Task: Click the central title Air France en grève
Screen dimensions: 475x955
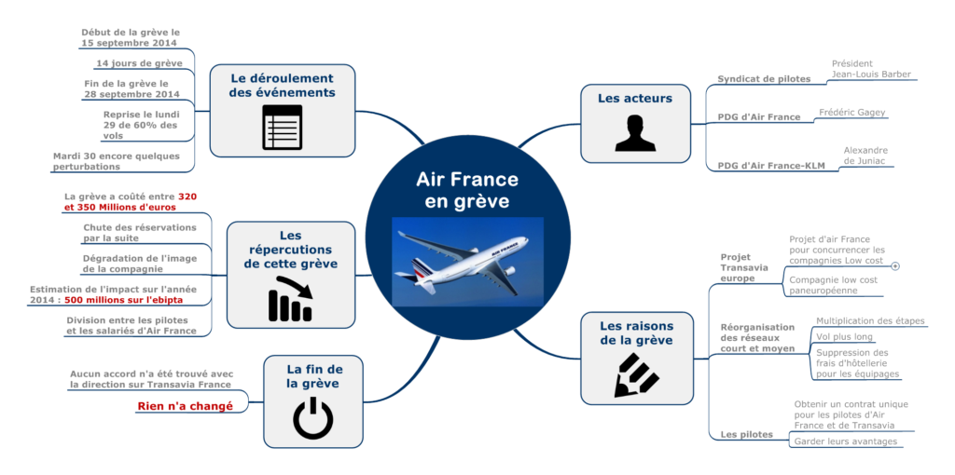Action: pyautogui.click(x=466, y=190)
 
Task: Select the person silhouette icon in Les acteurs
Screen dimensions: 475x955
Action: pyautogui.click(x=634, y=133)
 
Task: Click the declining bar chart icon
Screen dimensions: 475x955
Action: pyautogui.click(x=290, y=299)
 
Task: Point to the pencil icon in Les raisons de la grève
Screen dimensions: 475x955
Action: pyautogui.click(x=637, y=374)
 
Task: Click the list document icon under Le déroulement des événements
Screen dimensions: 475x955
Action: pyautogui.click(x=282, y=128)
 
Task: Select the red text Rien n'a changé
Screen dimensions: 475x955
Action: pyautogui.click(x=185, y=406)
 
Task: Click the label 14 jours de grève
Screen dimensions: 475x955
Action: pyautogui.click(x=139, y=63)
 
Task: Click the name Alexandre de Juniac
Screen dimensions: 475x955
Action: pyautogui.click(x=865, y=155)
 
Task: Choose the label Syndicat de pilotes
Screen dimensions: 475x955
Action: pyautogui.click(x=764, y=79)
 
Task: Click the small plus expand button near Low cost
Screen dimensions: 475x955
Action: pyautogui.click(x=895, y=265)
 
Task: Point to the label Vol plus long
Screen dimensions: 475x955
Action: pyautogui.click(x=844, y=336)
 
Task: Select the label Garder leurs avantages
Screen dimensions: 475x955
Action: pyautogui.click(x=845, y=441)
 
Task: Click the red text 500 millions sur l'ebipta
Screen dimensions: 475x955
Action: pyautogui.click(x=123, y=301)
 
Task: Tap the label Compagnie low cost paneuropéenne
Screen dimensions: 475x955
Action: pyautogui.click(x=833, y=285)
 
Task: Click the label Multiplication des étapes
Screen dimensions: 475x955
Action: pyautogui.click(x=869, y=320)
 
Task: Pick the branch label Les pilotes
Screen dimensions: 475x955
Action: pyautogui.click(x=746, y=435)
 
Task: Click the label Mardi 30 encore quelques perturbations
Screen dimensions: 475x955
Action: pyautogui.click(x=116, y=161)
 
